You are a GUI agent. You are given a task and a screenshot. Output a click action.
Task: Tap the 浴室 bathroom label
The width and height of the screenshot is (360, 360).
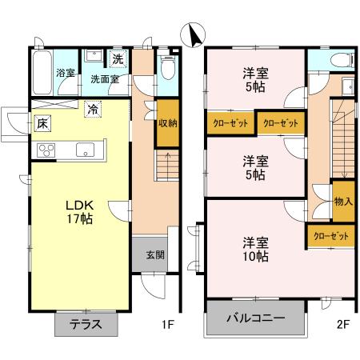65,74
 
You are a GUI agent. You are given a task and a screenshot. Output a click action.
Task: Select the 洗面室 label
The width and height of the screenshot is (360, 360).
104,79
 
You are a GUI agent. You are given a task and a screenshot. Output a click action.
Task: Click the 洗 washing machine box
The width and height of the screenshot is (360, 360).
118,58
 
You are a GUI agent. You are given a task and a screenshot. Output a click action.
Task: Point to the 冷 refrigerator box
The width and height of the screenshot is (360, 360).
93,108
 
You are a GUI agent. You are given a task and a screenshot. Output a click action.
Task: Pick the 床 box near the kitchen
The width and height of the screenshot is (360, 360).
41,123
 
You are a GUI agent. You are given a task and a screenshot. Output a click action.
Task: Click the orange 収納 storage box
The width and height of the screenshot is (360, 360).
167,123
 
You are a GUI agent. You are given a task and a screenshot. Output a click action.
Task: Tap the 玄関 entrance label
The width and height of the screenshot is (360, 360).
155,255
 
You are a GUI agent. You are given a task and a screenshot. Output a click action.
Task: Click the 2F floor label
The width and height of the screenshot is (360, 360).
343,325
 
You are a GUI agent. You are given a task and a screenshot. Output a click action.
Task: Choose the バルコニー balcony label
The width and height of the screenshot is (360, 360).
256,318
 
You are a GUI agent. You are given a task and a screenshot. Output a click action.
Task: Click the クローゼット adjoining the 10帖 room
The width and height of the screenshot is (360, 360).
330,236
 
